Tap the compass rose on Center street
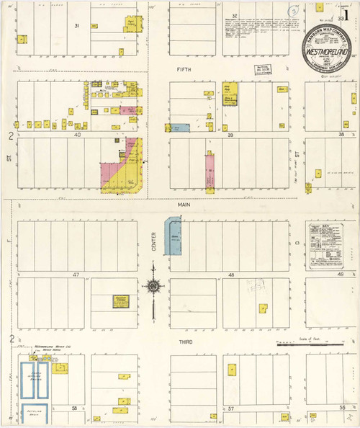(x=153, y=287)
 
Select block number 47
(x=76, y=275)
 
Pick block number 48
(x=232, y=275)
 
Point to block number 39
(x=232, y=135)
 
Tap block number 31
(x=76, y=26)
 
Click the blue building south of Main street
(x=174, y=236)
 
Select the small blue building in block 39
(x=180, y=128)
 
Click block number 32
(x=235, y=14)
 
